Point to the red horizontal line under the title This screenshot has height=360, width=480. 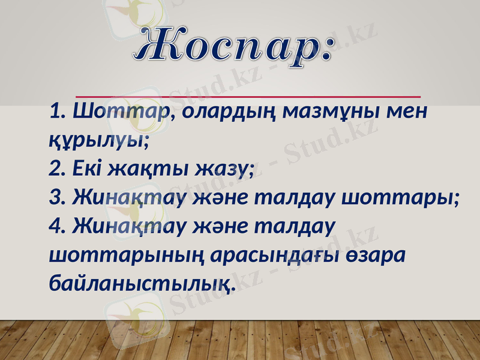pos(248,95)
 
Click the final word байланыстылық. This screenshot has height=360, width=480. pos(142,284)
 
